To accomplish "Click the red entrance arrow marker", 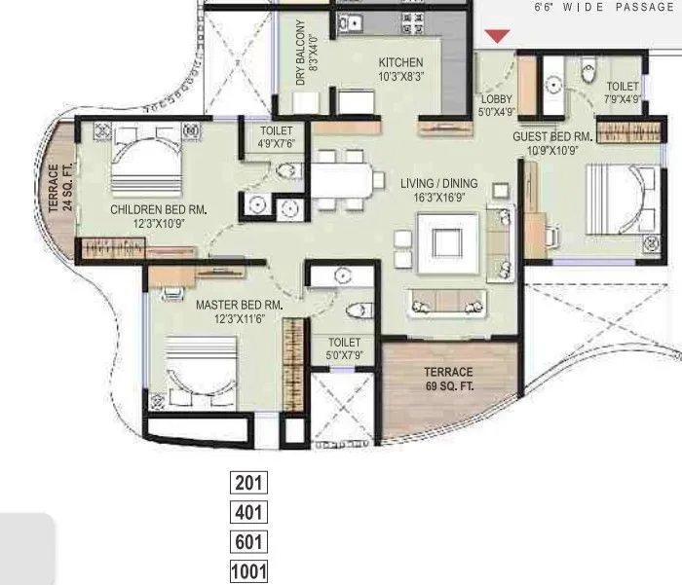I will click(x=497, y=37).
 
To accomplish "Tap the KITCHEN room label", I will click(x=400, y=69).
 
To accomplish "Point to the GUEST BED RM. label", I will click(x=553, y=144).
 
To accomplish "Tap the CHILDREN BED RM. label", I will click(x=158, y=216).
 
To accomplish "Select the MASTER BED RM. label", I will click(x=239, y=311).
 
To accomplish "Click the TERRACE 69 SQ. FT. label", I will click(x=447, y=379).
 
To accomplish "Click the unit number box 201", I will click(x=249, y=482).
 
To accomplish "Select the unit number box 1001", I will click(x=249, y=572).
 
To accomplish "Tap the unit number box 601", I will click(x=249, y=542).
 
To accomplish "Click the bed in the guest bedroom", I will click(x=612, y=200).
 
